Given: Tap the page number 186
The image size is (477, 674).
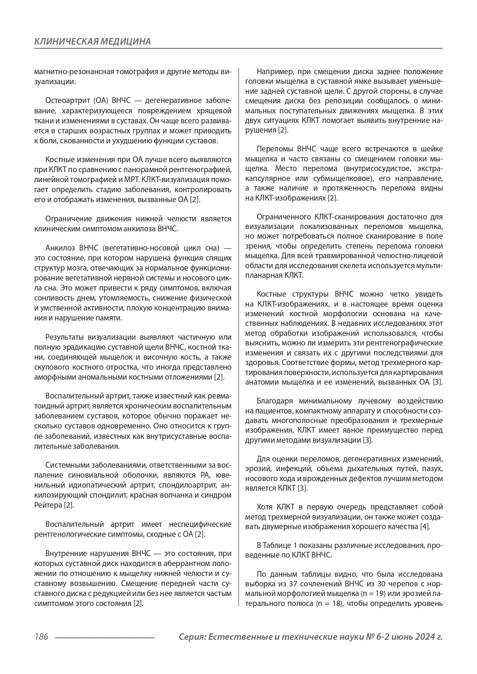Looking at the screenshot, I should click(x=41, y=637).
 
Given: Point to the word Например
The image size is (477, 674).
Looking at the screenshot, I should click(x=274, y=72).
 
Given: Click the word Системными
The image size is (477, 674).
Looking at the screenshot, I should click(x=65, y=466).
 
